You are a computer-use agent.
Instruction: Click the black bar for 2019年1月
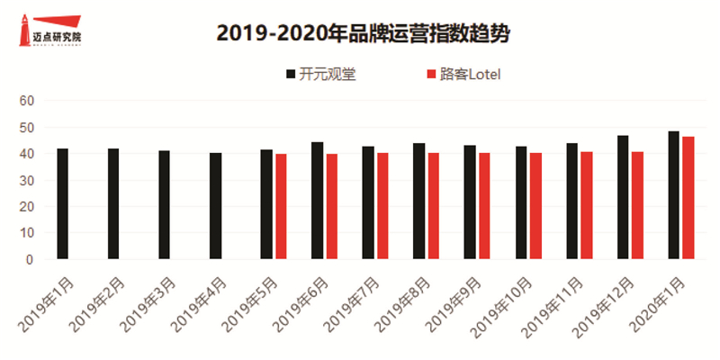point(62,204)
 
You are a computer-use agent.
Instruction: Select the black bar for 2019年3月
point(164,205)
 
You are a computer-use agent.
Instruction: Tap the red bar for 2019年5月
point(281,207)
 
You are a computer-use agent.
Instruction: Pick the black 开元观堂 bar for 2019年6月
point(317,201)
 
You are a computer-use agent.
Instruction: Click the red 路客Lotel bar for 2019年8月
point(434,207)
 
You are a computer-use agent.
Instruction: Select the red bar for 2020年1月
point(688,198)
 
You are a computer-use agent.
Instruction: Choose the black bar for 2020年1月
point(673,195)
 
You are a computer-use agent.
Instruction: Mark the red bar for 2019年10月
point(535,207)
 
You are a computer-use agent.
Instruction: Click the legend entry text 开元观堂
point(329,74)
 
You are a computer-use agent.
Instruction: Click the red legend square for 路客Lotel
point(430,74)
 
